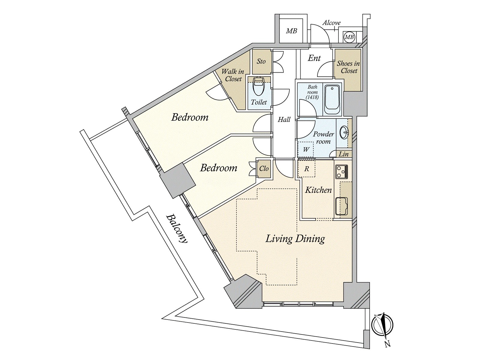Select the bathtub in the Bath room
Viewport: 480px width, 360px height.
tap(332, 100)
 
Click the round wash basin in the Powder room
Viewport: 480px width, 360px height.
tap(344, 133)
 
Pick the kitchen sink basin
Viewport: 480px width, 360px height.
tap(342, 206)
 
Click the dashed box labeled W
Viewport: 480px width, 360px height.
tap(306, 149)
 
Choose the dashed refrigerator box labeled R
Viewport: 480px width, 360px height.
tap(307, 169)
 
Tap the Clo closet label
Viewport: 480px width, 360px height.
tap(264, 169)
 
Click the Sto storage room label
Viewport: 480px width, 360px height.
tap(261, 61)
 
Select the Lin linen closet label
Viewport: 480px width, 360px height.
tap(343, 154)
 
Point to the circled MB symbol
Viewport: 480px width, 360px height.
tap(349, 37)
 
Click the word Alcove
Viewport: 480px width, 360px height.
tap(331, 23)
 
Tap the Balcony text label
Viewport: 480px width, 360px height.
tap(177, 229)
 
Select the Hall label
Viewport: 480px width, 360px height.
tap(284, 119)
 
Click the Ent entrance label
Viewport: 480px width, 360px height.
tap(314, 58)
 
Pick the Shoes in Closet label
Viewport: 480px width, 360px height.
tap(348, 67)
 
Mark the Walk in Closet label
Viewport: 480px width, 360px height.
tap(233, 75)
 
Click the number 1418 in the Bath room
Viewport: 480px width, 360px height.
tap(312, 97)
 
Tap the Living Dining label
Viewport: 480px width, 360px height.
tap(295, 238)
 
